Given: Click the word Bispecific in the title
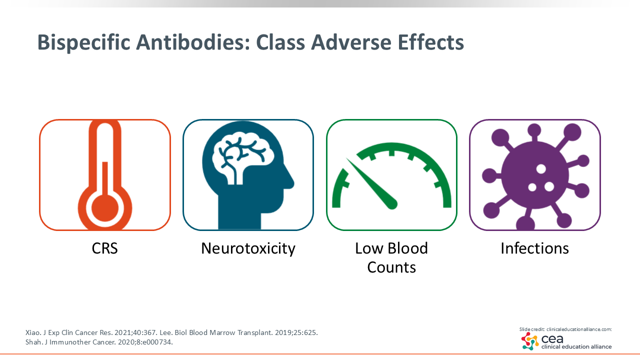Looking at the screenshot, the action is (x=83, y=43).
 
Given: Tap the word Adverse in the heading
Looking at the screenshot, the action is (x=351, y=42).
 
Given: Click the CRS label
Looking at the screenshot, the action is (x=104, y=248).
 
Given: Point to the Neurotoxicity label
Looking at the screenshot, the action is (x=248, y=248).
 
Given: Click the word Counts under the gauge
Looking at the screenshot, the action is (x=391, y=267).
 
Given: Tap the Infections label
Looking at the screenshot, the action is (x=534, y=248).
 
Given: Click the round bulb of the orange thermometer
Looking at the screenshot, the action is (x=105, y=208).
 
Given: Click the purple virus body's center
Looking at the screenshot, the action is (x=535, y=175).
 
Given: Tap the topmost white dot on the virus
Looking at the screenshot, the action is (x=541, y=169).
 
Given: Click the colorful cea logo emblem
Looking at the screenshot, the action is (x=530, y=341).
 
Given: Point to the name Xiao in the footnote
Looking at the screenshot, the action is (x=33, y=332).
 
